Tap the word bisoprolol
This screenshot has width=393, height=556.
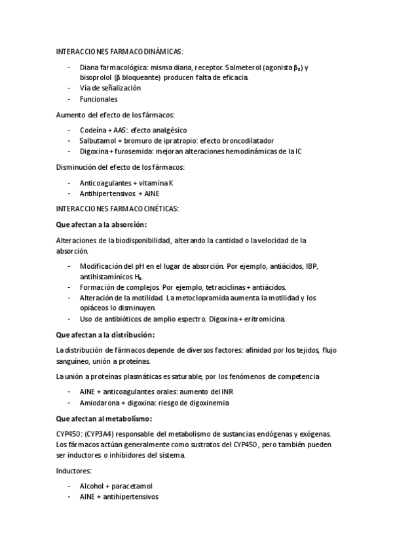[x=97, y=77]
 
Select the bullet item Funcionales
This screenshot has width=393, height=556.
[x=98, y=99]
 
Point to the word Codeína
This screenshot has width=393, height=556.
[x=92, y=130]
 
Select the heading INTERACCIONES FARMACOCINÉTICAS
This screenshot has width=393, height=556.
[x=117, y=208]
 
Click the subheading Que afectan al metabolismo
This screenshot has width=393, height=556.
[x=105, y=418]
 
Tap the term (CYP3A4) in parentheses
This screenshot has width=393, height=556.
[x=102, y=434]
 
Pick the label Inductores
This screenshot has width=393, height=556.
[x=75, y=471]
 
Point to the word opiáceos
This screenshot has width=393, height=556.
[x=98, y=308]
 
